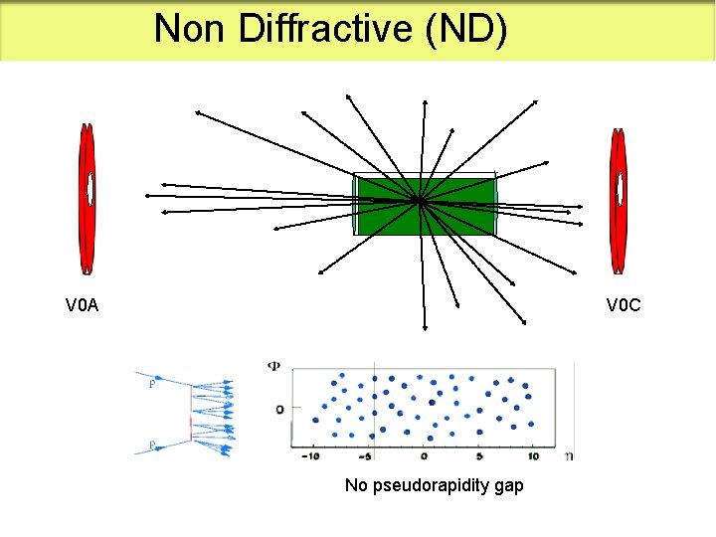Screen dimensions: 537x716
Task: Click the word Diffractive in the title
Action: click(326, 29)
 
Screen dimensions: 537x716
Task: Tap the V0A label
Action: click(82, 305)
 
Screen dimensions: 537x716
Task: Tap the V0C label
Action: click(625, 305)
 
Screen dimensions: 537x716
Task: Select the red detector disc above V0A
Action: click(88, 200)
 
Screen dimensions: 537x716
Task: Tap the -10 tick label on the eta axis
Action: click(310, 456)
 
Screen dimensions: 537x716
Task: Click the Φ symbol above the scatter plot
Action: click(274, 365)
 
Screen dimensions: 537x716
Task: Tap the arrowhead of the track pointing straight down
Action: click(425, 327)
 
